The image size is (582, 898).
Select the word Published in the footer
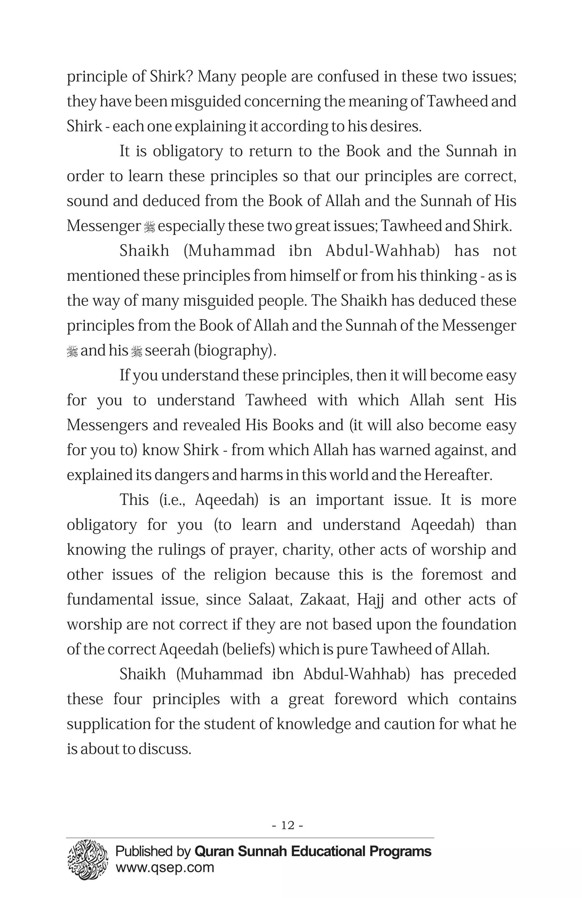click(144, 851)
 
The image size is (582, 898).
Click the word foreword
click(365, 699)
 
